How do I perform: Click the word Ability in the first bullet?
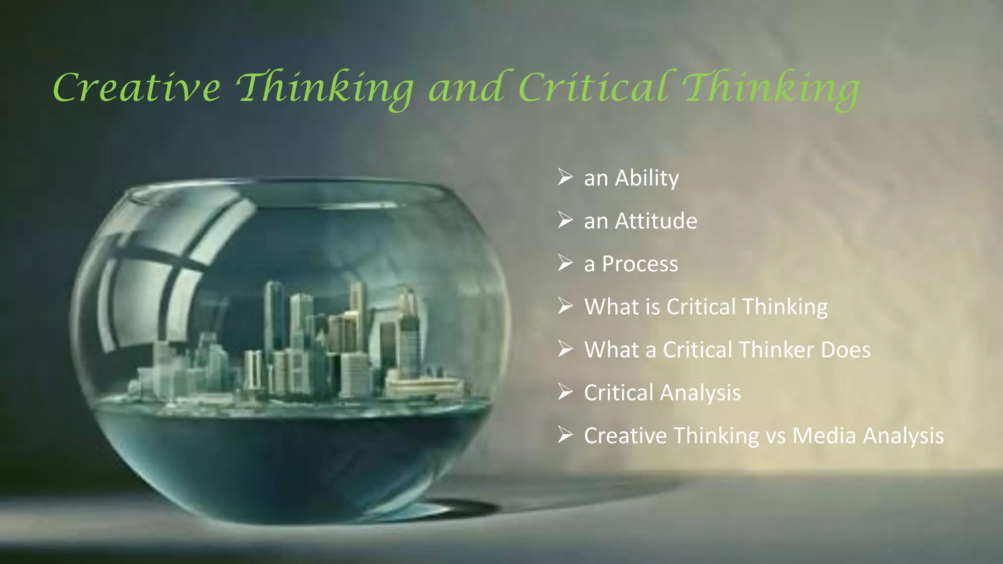tap(646, 178)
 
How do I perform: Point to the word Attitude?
tap(656, 221)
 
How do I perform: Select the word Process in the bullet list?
tap(640, 264)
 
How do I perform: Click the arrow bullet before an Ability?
tap(565, 177)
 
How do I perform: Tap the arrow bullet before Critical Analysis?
tap(565, 392)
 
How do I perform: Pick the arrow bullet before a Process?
tap(565, 263)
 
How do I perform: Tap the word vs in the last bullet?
tap(775, 436)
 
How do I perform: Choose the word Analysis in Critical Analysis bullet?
tap(701, 393)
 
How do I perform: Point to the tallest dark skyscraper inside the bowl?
tap(274, 313)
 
